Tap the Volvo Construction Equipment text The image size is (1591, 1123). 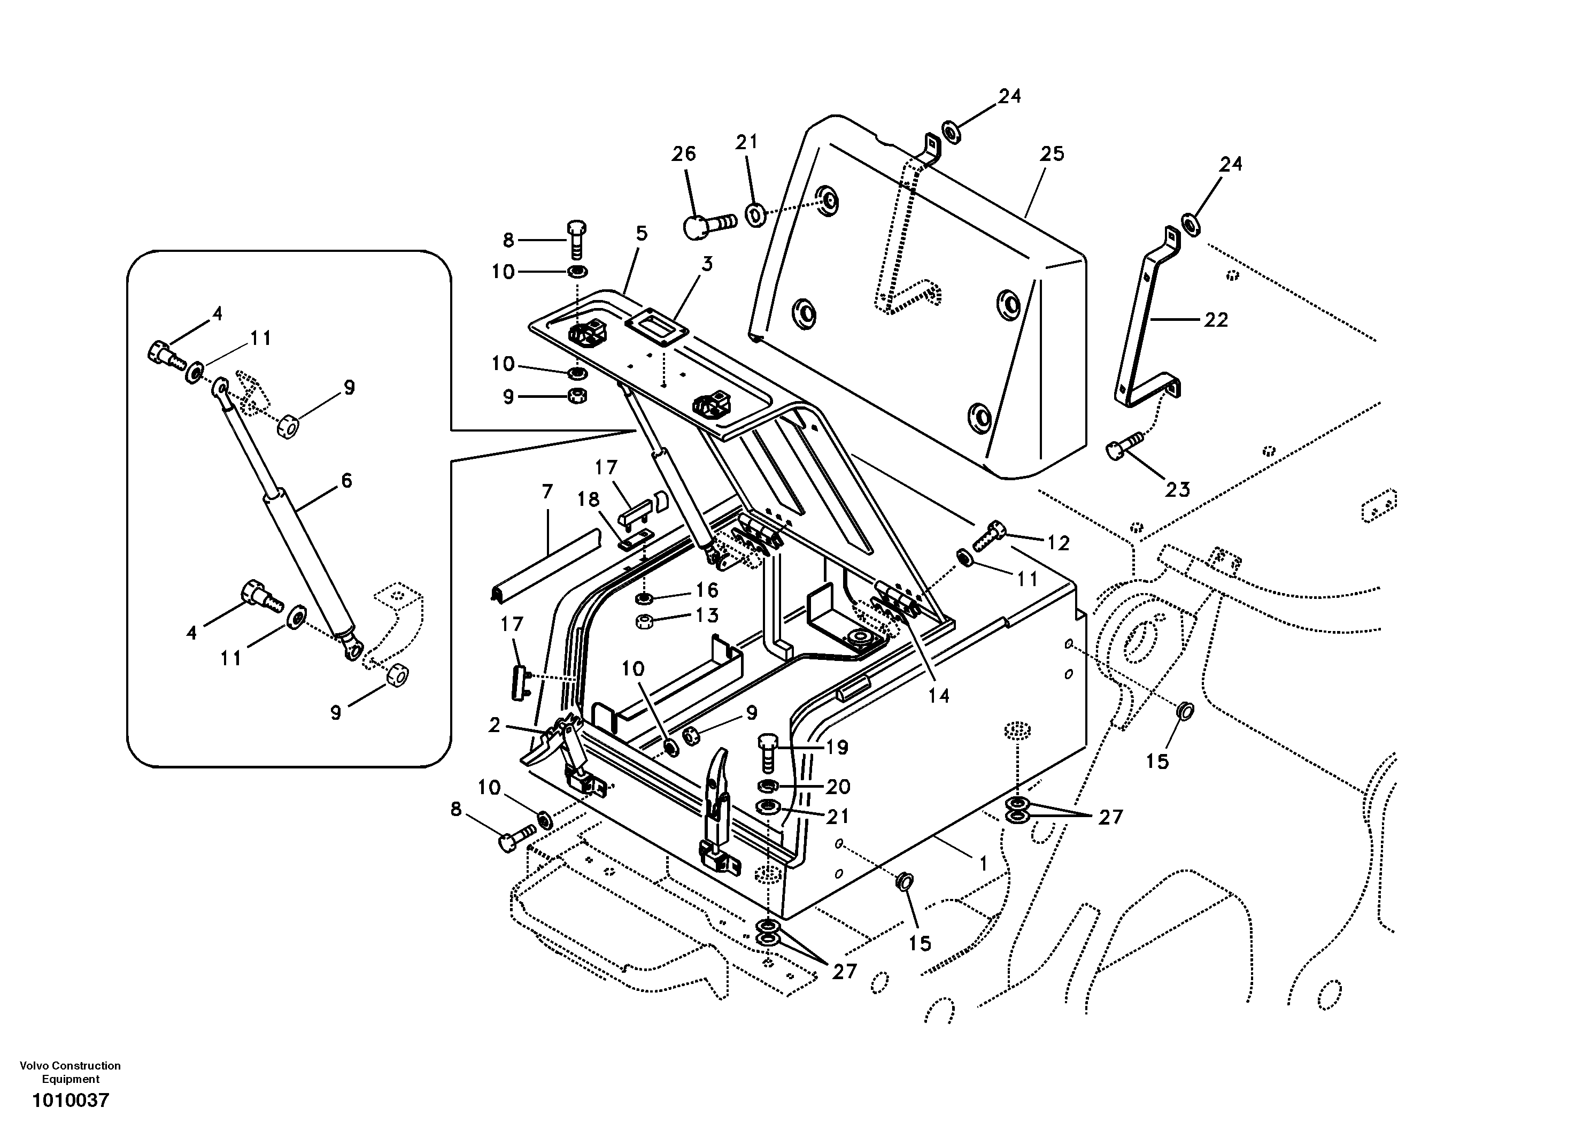pos(70,1072)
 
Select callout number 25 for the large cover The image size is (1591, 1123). pos(1051,154)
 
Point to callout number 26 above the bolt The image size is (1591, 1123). pos(683,154)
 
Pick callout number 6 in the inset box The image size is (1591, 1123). pos(346,480)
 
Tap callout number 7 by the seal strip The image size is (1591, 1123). pos(547,491)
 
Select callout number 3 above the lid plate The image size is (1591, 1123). pos(706,264)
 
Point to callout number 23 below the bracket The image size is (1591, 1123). pos(1177,490)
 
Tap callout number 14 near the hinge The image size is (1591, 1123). pos(938,695)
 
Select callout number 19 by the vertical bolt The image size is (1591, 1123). pos(837,747)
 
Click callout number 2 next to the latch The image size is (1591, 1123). pos(494,725)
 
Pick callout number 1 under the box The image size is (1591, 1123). pos(983,864)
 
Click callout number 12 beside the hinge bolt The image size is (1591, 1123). pos(1058,543)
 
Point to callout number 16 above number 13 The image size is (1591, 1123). pos(707,590)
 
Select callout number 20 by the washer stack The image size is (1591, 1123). pos(838,786)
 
